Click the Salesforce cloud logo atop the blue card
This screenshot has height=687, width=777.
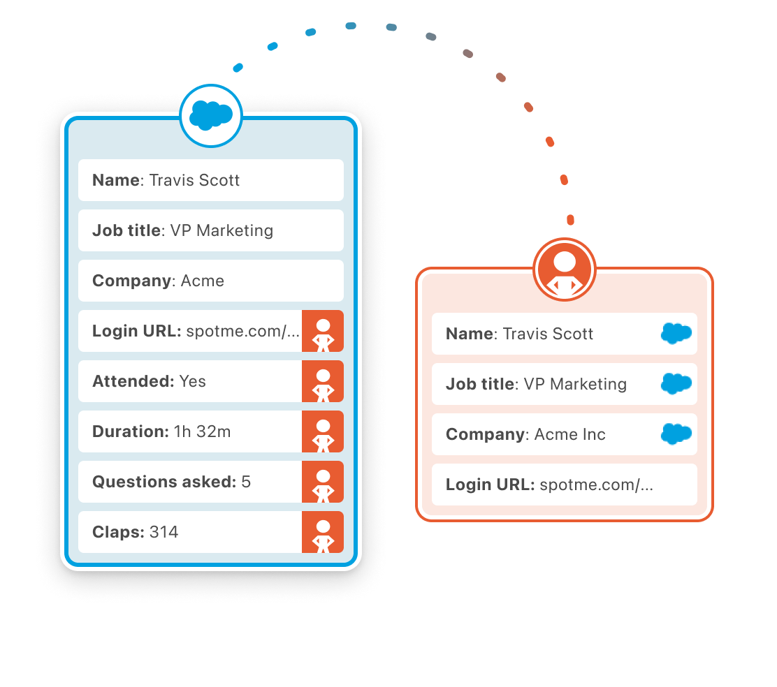211,115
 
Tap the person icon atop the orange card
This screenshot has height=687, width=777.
564,270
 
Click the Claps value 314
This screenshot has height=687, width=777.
164,532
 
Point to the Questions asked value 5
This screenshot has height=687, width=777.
246,482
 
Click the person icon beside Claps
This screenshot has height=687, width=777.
323,532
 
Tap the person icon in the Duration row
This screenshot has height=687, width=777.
323,431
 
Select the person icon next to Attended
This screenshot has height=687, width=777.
323,381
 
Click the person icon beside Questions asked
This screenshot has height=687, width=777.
323,482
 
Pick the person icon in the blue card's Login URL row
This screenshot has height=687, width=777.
323,331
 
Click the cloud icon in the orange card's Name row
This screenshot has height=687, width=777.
676,334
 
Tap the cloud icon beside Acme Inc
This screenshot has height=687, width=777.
676,434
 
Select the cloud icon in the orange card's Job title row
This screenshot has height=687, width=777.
676,384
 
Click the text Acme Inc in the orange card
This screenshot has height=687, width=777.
569,434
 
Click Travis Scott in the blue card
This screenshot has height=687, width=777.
194,180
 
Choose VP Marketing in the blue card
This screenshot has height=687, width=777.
222,230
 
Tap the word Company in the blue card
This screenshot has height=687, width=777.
131,281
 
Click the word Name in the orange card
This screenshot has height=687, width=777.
469,334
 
